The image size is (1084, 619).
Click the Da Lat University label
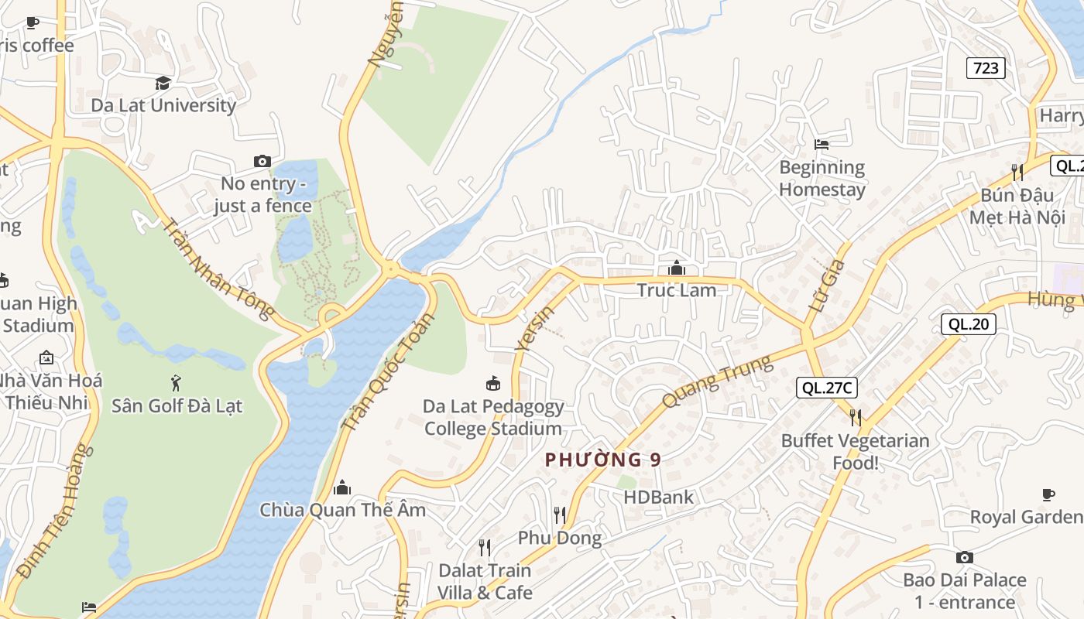[x=163, y=105]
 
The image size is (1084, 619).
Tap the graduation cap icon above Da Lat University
[x=163, y=83]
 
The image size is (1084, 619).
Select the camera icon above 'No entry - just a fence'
[x=262, y=161]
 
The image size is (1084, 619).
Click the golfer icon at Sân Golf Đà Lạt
[x=177, y=381]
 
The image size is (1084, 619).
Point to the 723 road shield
[x=986, y=68]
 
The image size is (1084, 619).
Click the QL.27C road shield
[x=828, y=388]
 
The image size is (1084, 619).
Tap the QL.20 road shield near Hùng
[x=968, y=324]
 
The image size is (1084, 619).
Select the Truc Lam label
[x=676, y=290]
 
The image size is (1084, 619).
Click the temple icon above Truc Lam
[x=676, y=268]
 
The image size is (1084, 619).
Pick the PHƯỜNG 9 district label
[x=603, y=460]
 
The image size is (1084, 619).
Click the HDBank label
[x=659, y=497]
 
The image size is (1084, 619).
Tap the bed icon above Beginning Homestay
[x=822, y=144]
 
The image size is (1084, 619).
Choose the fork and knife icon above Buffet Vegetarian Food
[x=855, y=418]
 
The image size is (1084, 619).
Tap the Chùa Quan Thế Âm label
[x=342, y=510]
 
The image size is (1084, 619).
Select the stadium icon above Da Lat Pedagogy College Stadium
[x=492, y=383]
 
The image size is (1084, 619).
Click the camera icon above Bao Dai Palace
[x=964, y=557]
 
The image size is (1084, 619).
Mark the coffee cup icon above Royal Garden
[x=1048, y=494]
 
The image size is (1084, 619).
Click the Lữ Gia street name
[x=826, y=286]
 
